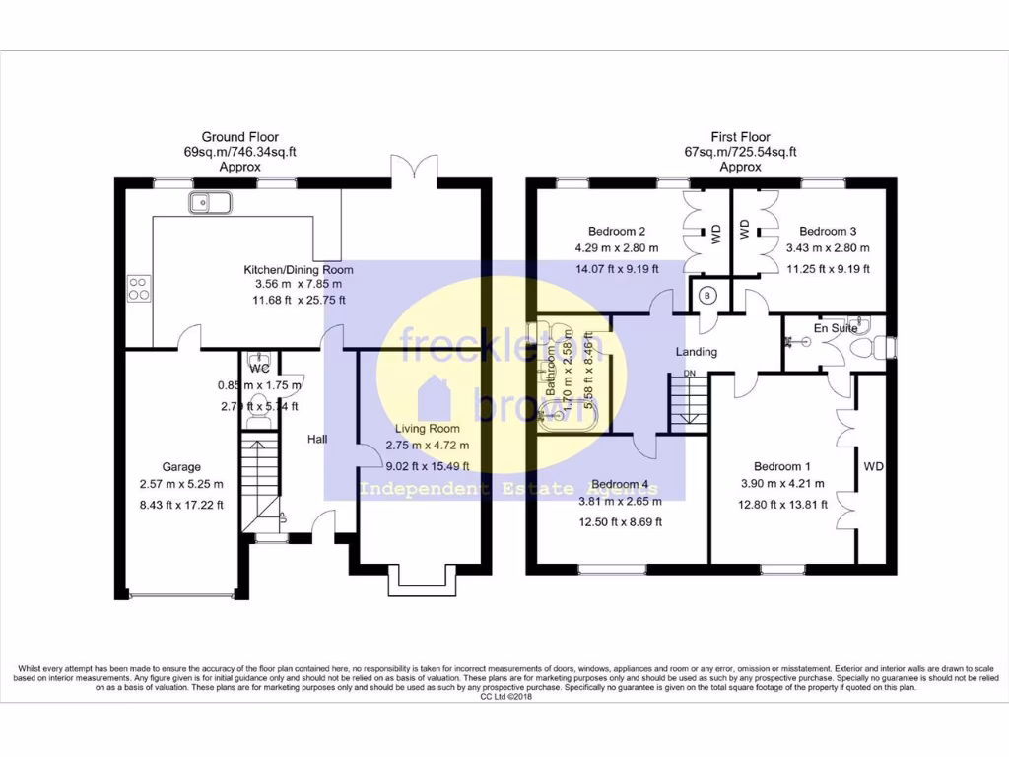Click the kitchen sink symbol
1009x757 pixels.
pyautogui.click(x=210, y=204)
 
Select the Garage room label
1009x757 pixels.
pyautogui.click(x=182, y=466)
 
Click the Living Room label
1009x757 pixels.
pyautogui.click(x=428, y=429)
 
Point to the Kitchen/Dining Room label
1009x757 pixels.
pyautogui.click(x=299, y=269)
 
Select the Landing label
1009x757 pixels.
pyautogui.click(x=696, y=352)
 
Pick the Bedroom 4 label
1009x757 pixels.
pyautogui.click(x=620, y=484)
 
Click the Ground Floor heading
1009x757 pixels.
pyautogui.click(x=239, y=137)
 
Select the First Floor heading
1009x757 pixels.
pyautogui.click(x=740, y=137)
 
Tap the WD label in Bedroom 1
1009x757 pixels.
pyautogui.click(x=873, y=466)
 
